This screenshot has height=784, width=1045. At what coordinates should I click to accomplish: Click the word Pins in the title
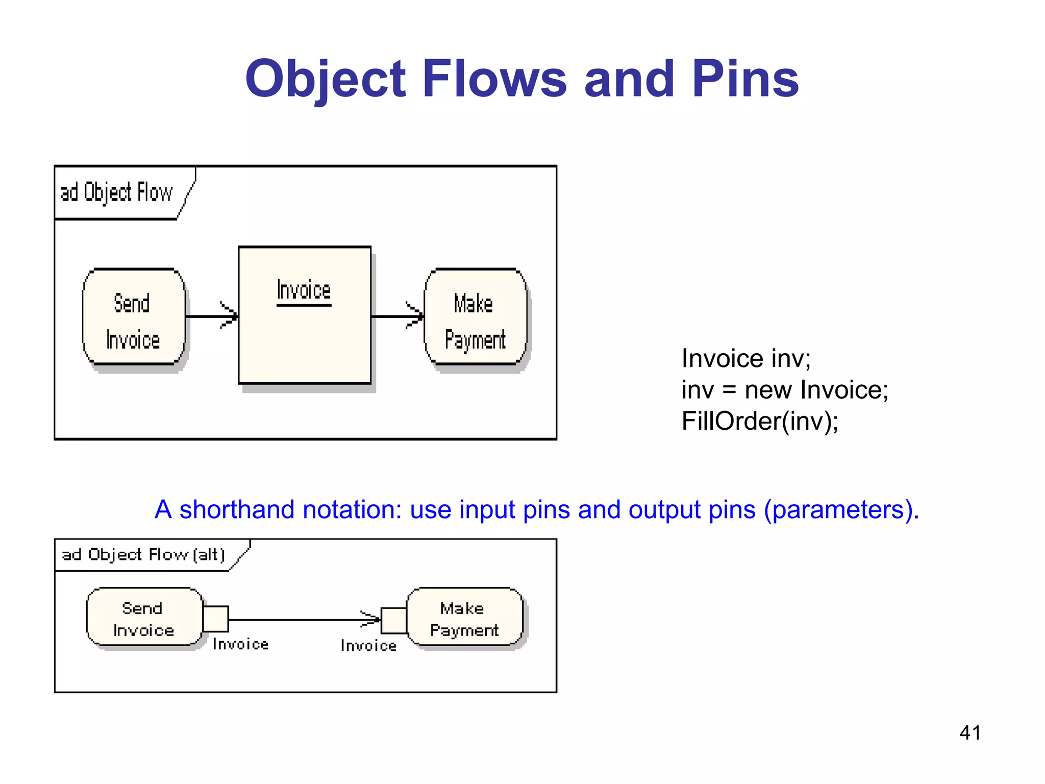[x=745, y=79]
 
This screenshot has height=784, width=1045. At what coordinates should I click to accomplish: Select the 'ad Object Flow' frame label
[x=117, y=192]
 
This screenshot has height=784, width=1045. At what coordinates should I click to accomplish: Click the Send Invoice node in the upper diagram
[x=134, y=317]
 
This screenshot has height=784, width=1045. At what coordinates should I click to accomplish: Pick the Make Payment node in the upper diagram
[x=475, y=317]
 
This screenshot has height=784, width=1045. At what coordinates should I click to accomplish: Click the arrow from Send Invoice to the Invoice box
[x=212, y=316]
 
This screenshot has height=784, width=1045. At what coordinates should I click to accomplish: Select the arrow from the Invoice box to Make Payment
[x=397, y=316]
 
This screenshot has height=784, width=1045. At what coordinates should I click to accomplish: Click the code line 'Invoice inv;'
[x=746, y=358]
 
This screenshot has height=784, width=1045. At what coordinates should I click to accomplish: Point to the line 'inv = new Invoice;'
[x=785, y=390]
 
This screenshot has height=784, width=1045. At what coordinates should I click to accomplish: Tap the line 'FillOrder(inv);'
[x=760, y=422]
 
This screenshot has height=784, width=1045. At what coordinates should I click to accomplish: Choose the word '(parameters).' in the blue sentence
[x=841, y=510]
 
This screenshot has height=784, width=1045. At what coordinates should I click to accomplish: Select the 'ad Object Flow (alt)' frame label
[x=143, y=555]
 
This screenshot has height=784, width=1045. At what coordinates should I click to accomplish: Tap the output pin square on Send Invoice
[x=216, y=619]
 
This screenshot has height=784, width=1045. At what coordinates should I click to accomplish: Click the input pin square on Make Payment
[x=393, y=621]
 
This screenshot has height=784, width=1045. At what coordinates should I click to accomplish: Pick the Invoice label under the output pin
[x=240, y=645]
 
